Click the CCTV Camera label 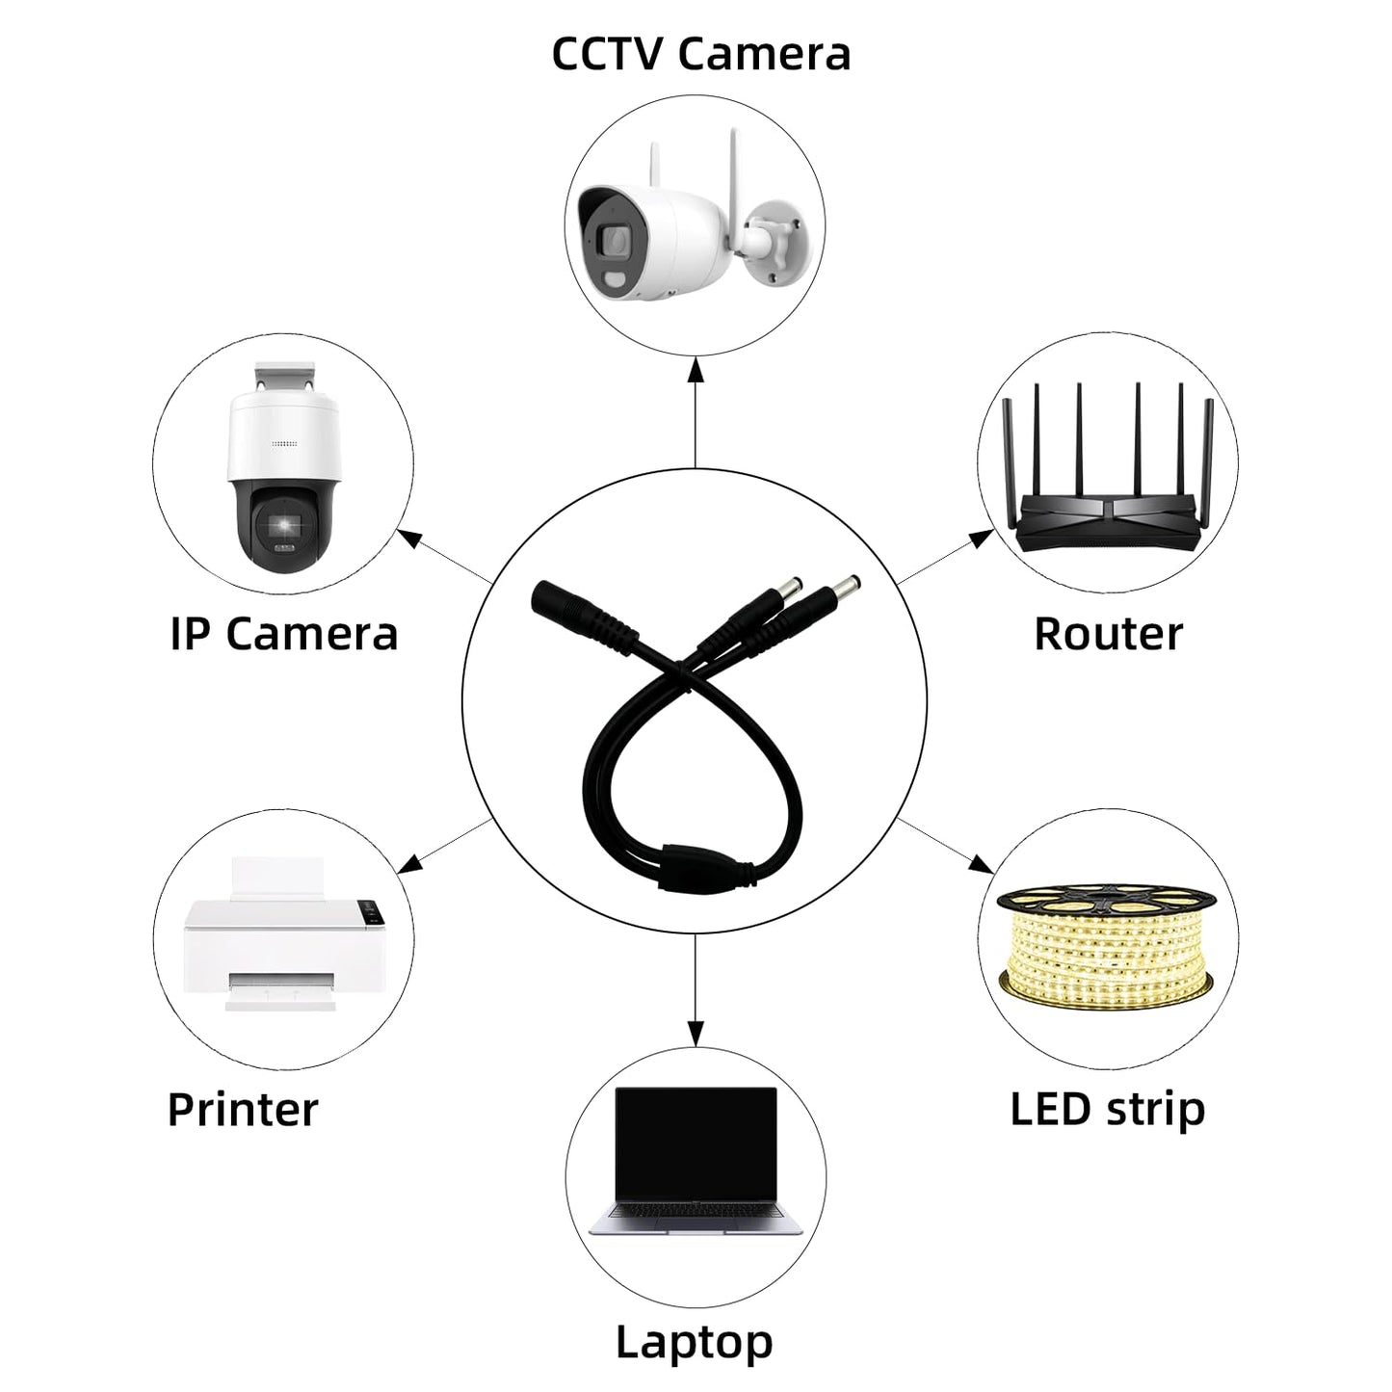pyautogui.click(x=700, y=54)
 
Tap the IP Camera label pyautogui.click(x=284, y=634)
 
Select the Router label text pyautogui.click(x=1108, y=634)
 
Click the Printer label pyautogui.click(x=243, y=1109)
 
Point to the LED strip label pyautogui.click(x=1108, y=1109)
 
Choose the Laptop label pyautogui.click(x=695, y=1322)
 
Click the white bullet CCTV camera pyautogui.click(x=694, y=227)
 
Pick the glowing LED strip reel pyautogui.click(x=1107, y=942)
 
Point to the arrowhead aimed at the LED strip pyautogui.click(x=981, y=863)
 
